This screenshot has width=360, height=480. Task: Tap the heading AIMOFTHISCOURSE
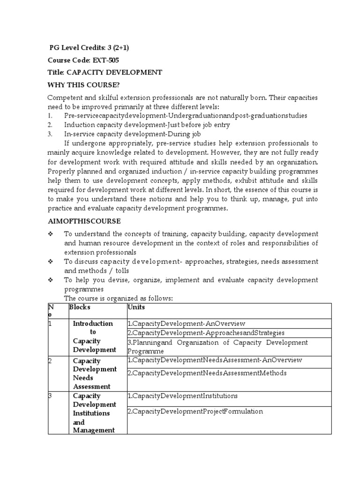point(84,221)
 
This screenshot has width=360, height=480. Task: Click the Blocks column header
point(80,307)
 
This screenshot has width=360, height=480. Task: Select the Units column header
point(136,307)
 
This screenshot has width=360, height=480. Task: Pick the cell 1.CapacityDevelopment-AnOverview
point(186,323)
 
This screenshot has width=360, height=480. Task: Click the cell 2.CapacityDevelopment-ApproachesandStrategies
point(206,333)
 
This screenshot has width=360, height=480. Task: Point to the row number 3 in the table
point(50,396)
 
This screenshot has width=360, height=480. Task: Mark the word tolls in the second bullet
point(121,270)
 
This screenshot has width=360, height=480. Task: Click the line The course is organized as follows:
point(119,298)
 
